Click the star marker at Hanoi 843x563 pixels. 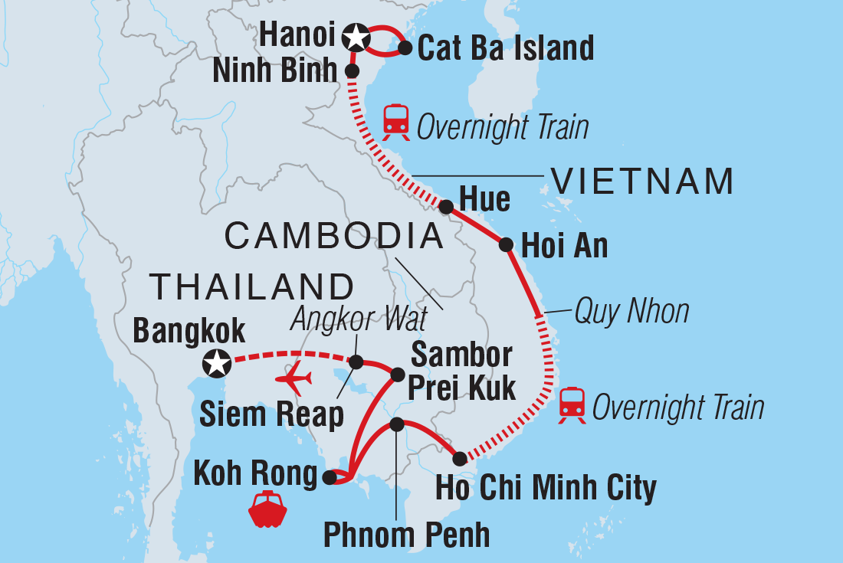pos(355,35)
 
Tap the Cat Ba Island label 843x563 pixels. pos(505,48)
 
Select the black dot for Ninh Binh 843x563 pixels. pos(352,70)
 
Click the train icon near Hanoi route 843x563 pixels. pos(396,123)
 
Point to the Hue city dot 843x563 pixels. pos(446,206)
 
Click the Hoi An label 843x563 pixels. pos(564,246)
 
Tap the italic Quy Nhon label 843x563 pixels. pos(631,312)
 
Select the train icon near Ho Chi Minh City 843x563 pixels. pos(572,405)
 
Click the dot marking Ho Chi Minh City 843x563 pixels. pos(459,460)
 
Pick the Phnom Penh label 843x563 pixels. pos(406,535)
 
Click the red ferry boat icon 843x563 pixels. pos(267,510)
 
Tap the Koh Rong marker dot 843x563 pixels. pos(329,478)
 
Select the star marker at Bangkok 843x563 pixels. pos(217,363)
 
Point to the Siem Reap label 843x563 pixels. pos(272,414)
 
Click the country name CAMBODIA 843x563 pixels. pos(335,236)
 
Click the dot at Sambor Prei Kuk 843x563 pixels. pos(398,375)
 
